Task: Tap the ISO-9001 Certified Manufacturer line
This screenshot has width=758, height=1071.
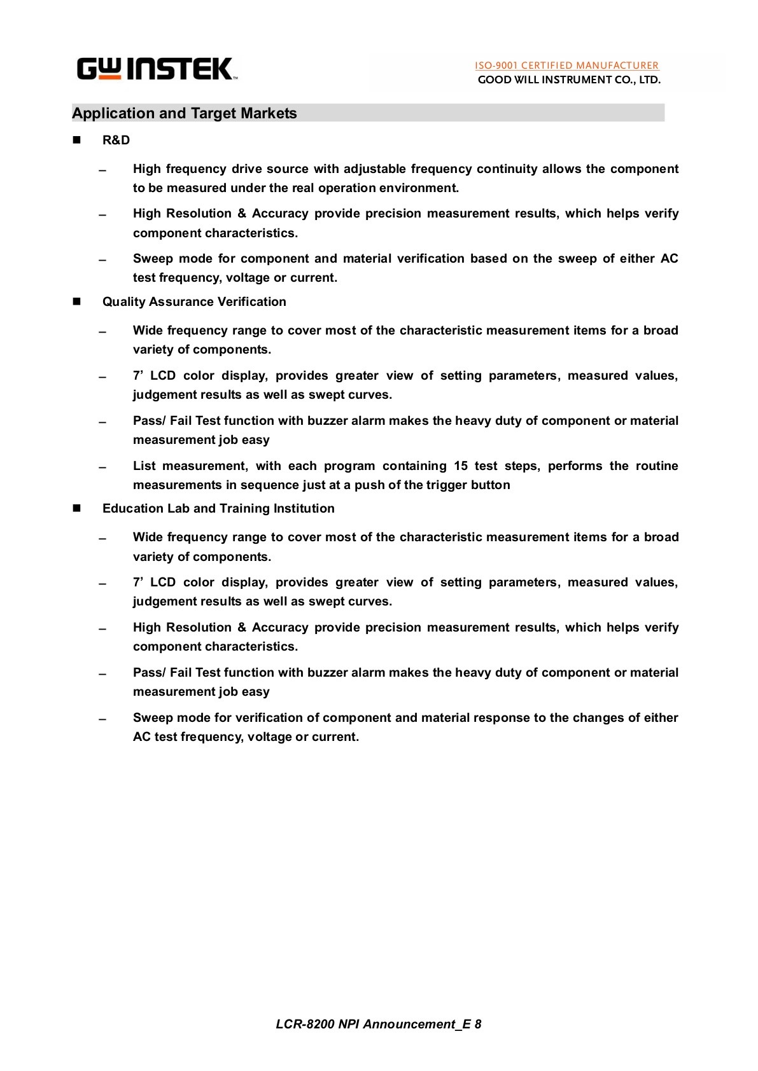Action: tap(566, 65)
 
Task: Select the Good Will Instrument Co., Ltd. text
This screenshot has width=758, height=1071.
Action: tap(569, 80)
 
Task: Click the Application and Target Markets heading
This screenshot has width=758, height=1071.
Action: tap(185, 113)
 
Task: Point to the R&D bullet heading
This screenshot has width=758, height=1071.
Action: tap(116, 140)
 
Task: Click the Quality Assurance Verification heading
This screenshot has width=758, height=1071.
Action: tap(194, 301)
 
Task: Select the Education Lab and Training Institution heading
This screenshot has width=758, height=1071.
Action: tap(218, 508)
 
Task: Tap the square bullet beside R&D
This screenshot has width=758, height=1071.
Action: tap(78, 140)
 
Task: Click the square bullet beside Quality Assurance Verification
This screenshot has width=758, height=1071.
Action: tap(78, 301)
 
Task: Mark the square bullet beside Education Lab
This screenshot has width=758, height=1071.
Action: tap(78, 508)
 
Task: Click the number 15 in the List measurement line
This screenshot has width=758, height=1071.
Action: tap(461, 466)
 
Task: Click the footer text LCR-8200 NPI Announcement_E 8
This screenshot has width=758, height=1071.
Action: tap(378, 1024)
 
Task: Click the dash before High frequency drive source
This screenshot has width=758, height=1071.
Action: tap(102, 170)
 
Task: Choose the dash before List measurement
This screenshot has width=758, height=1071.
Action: tap(102, 467)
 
